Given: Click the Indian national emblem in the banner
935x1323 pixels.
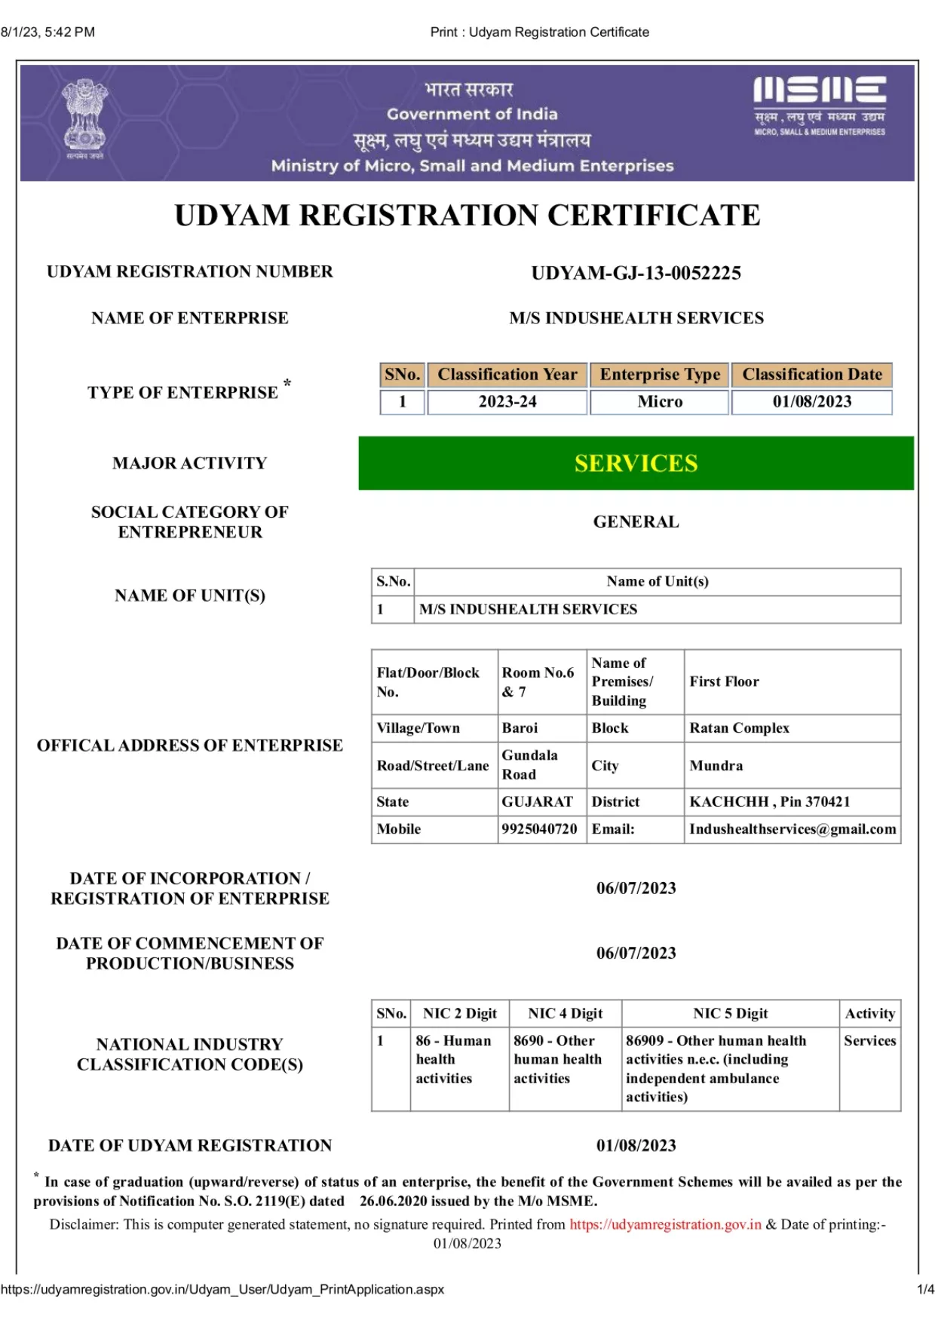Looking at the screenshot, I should coord(84,118).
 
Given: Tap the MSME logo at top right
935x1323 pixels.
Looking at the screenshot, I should coord(820,105).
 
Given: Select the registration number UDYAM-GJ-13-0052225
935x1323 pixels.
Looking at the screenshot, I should coord(636,273).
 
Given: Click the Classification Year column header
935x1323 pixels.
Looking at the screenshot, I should coord(507,375).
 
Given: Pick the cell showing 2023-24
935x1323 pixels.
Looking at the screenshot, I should coord(507,402).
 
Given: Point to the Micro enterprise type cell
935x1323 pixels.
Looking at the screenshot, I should coord(660,402).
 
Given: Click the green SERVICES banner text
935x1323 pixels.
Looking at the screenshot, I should coord(636,463).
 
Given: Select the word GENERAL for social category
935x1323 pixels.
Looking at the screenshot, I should coord(636,522).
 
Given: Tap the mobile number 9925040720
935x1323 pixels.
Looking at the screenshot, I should coord(540,829).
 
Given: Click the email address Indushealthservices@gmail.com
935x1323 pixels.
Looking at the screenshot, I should coord(792,829).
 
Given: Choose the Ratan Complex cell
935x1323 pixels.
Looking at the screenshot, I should coord(739,728).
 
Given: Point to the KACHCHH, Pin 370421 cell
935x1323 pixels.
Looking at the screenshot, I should coord(769,802).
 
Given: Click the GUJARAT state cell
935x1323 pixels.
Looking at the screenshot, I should coord(538,802).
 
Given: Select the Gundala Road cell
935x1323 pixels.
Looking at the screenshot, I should coord(530,765).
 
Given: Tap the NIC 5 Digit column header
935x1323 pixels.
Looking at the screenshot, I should coord(731,1014).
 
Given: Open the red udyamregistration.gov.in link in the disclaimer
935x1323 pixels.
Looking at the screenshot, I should coord(665,1225).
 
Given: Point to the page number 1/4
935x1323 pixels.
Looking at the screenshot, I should coord(925,1290).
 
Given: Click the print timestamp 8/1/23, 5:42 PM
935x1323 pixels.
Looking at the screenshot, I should coord(48,32).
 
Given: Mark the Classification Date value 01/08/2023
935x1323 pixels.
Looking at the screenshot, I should coord(812,402).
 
